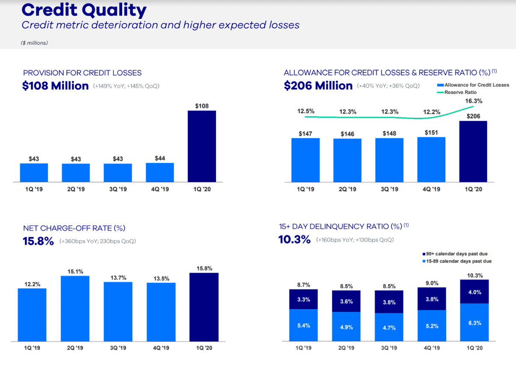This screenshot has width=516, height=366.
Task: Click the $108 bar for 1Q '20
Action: (202, 146)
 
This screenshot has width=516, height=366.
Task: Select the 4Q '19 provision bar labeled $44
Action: (160, 172)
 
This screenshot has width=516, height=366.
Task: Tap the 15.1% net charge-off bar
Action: (75, 309)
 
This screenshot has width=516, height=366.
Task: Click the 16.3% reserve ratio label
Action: (473, 102)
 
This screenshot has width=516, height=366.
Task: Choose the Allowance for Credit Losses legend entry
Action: (473, 85)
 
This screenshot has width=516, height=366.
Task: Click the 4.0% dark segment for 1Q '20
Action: (474, 292)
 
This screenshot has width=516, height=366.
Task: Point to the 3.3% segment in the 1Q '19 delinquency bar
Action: (303, 300)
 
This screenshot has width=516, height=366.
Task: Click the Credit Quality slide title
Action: (84, 10)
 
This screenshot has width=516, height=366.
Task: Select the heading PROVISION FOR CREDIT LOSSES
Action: (82, 73)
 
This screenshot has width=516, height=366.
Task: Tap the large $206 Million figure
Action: (318, 86)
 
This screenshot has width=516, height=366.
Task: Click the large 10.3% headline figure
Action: (294, 240)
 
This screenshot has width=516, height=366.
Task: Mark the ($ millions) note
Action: (34, 43)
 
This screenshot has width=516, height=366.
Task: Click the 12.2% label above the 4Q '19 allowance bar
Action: (432, 112)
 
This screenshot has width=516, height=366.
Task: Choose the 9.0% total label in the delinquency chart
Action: (432, 283)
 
